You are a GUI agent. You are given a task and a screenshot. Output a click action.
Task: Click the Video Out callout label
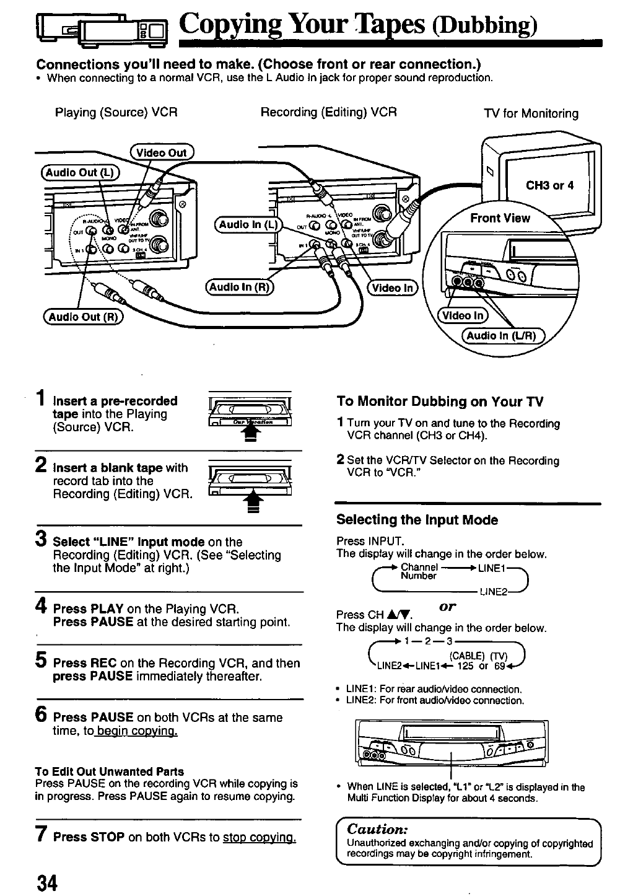[162, 152]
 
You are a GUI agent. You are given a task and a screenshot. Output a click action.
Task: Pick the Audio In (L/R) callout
[502, 336]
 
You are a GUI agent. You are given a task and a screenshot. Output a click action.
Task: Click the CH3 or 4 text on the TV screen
[549, 185]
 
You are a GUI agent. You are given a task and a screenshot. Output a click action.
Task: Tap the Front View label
[500, 218]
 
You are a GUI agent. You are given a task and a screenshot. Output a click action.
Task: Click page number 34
[46, 882]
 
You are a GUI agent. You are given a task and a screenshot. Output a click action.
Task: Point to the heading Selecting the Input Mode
[417, 520]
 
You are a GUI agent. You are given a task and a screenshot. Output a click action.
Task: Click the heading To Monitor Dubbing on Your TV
[440, 402]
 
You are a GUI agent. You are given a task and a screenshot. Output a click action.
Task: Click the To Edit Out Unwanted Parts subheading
[110, 771]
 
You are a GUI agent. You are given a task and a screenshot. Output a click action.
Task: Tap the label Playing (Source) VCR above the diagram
[116, 112]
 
